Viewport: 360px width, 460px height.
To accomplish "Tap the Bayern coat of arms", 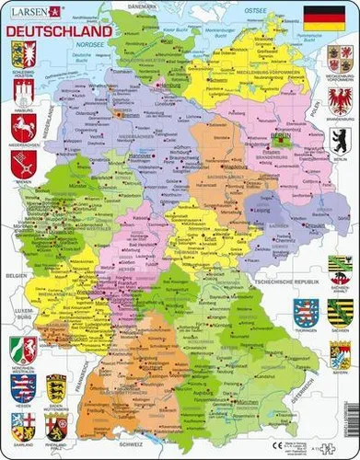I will click(340, 355).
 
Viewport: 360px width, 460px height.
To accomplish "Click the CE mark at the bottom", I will click(301, 442).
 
